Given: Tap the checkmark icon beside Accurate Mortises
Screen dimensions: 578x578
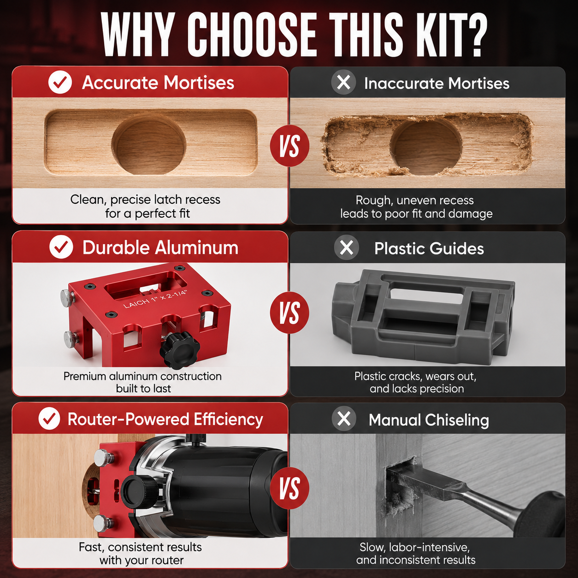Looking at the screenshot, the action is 60,82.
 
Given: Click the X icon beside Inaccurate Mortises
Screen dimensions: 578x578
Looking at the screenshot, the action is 343,82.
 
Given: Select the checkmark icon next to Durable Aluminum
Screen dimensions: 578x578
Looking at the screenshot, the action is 61,247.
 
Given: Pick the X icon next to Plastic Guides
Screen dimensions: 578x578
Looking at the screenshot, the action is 347,248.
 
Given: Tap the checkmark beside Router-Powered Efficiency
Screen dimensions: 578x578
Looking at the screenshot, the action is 49,419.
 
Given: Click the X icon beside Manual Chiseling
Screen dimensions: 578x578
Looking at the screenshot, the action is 344,419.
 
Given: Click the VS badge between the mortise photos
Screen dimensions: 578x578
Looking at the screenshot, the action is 289,147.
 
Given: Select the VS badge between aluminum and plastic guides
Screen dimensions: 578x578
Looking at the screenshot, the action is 289,312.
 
